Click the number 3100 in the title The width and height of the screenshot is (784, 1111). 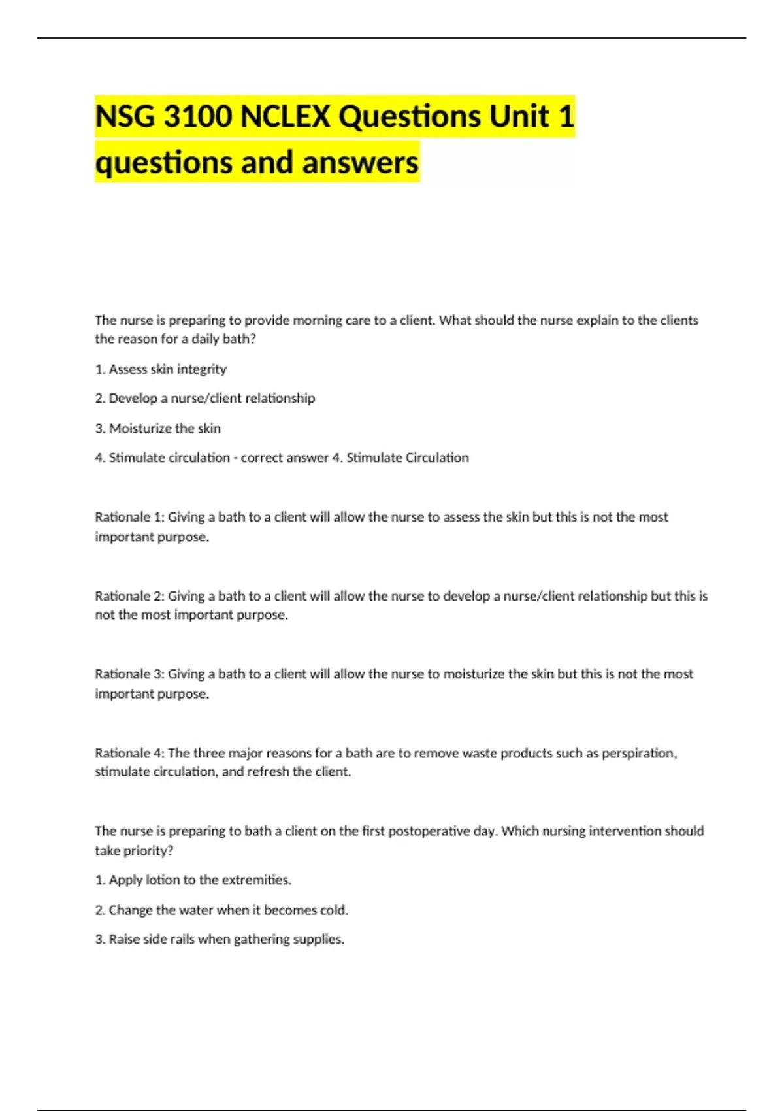tap(197, 117)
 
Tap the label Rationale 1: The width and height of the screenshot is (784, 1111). tap(129, 517)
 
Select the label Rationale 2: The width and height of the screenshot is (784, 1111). tap(129, 596)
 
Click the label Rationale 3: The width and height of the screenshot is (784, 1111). tap(129, 674)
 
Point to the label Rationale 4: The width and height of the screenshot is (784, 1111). tap(129, 753)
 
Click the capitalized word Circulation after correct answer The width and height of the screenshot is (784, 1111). tap(437, 457)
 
